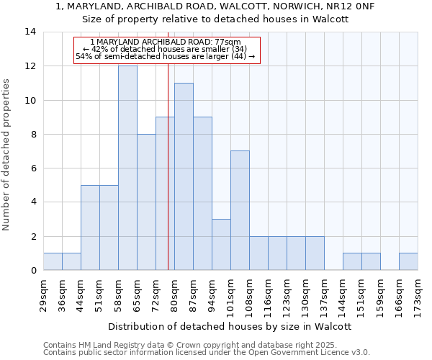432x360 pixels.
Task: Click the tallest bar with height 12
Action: click(x=127, y=168)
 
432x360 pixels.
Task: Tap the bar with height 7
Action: click(x=240, y=210)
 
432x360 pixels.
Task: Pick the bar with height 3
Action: click(x=221, y=244)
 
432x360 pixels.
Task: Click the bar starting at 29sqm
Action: click(x=53, y=261)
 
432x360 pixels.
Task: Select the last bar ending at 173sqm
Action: click(x=408, y=261)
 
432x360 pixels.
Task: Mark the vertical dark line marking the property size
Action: click(x=168, y=180)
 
